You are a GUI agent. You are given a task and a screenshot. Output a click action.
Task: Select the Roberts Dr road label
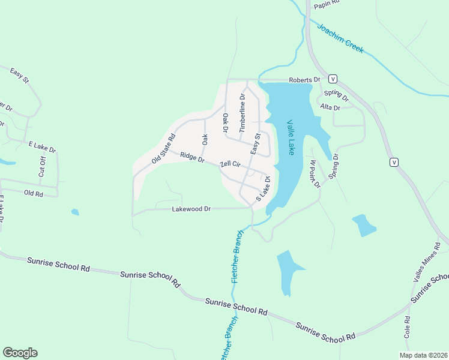point(305,79)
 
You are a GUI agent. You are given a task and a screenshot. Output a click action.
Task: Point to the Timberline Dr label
point(243,113)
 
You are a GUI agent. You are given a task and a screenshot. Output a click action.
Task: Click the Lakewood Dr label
point(191,209)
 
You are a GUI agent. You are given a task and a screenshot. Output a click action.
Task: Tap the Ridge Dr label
point(193,157)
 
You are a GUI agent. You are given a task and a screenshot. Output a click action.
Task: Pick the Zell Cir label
point(230,164)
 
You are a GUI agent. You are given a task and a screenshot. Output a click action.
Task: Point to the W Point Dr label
point(315,173)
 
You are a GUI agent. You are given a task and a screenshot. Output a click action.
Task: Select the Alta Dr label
point(330,107)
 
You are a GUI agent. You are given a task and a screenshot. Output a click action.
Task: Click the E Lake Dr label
point(42,147)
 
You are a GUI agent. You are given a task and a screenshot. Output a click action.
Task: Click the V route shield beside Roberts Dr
point(332,79)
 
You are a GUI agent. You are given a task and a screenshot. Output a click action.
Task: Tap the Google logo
point(20,353)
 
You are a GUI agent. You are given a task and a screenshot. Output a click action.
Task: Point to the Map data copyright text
point(423,355)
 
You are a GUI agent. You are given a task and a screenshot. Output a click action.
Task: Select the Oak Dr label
point(226,123)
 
